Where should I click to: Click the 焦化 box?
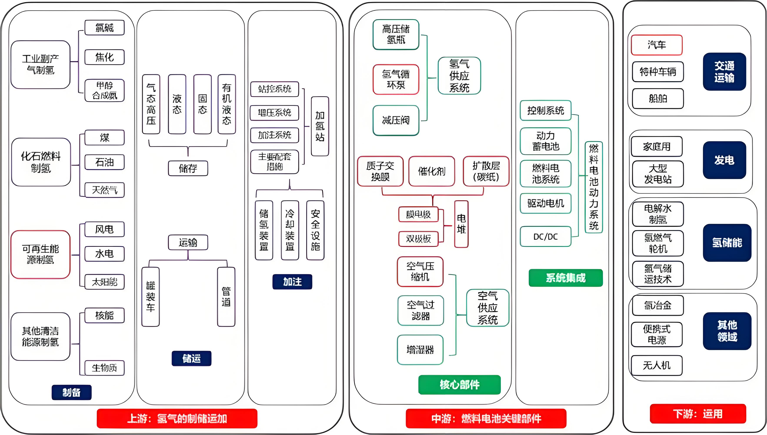(x=105, y=57)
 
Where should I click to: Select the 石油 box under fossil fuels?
(x=105, y=162)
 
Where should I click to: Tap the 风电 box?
(x=105, y=229)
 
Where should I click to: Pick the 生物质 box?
(x=105, y=368)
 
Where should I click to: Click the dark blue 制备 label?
(x=71, y=392)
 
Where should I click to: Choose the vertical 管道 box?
(x=226, y=297)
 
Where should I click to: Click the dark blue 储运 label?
(x=191, y=358)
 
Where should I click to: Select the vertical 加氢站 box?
(x=320, y=126)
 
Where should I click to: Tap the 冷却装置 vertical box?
(x=290, y=230)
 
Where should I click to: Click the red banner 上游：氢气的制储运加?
(x=177, y=418)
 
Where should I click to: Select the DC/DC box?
(x=545, y=237)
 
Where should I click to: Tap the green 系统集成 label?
(x=565, y=278)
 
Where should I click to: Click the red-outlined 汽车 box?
(x=657, y=45)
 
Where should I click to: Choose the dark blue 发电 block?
(x=724, y=160)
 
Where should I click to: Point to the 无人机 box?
(x=657, y=365)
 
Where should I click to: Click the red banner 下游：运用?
(x=698, y=414)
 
